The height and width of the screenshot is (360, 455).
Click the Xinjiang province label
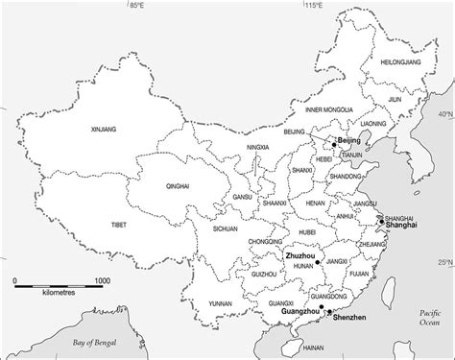(x=102, y=128)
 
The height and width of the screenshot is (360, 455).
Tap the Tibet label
(x=119, y=224)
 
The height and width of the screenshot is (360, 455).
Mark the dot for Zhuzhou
(x=314, y=259)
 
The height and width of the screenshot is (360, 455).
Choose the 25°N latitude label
(x=444, y=262)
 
